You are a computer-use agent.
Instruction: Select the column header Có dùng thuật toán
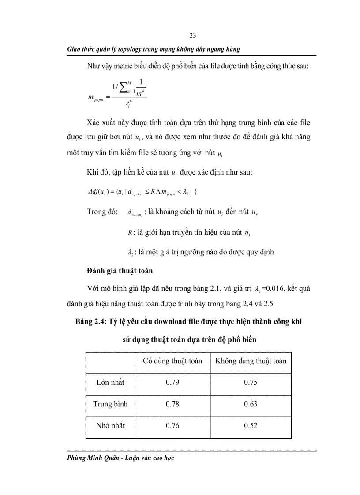(172, 361)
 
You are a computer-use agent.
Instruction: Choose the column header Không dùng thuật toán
(251, 361)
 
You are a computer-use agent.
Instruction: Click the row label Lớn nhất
(110, 382)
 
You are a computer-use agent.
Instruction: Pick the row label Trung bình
(110, 404)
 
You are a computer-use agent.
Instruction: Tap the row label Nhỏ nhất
(110, 425)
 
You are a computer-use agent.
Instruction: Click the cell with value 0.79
(172, 382)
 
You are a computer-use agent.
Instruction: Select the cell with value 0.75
(251, 382)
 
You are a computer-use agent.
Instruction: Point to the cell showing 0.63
(251, 404)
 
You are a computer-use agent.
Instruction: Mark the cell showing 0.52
(251, 425)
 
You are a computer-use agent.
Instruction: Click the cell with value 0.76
(172, 425)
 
